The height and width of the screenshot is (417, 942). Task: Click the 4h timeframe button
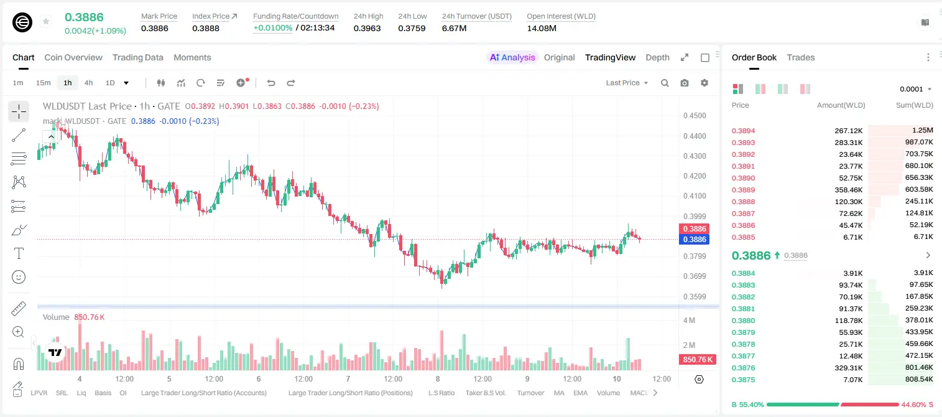pyautogui.click(x=88, y=83)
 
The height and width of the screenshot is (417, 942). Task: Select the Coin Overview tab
pyautogui.click(x=73, y=58)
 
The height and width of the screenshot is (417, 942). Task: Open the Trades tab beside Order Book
pyautogui.click(x=801, y=58)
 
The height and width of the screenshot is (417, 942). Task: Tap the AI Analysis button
pyautogui.click(x=512, y=58)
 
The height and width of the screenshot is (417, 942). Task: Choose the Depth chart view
pyautogui.click(x=657, y=58)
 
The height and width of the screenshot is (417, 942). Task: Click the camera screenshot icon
pyautogui.click(x=685, y=83)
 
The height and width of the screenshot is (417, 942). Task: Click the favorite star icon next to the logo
pyautogui.click(x=46, y=21)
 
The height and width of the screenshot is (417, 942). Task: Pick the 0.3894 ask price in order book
pyautogui.click(x=743, y=131)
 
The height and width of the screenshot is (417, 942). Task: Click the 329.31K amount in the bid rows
pyautogui.click(x=849, y=368)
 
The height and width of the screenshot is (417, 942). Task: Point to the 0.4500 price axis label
pyautogui.click(x=695, y=116)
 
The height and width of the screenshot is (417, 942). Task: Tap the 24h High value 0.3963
pyautogui.click(x=367, y=28)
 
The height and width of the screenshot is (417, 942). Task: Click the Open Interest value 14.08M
pyautogui.click(x=542, y=28)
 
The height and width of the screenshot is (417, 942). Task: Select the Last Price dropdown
pyautogui.click(x=627, y=83)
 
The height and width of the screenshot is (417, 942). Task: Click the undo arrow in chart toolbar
pyautogui.click(x=271, y=83)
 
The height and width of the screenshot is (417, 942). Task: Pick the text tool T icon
pyautogui.click(x=19, y=253)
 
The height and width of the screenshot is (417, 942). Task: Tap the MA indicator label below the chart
pyautogui.click(x=559, y=393)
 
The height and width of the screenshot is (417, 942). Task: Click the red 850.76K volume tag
pyautogui.click(x=698, y=359)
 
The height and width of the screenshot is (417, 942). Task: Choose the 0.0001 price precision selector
pyautogui.click(x=915, y=89)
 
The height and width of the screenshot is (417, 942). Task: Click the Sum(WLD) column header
pyautogui.click(x=914, y=105)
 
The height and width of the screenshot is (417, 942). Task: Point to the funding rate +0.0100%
pyautogui.click(x=272, y=28)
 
